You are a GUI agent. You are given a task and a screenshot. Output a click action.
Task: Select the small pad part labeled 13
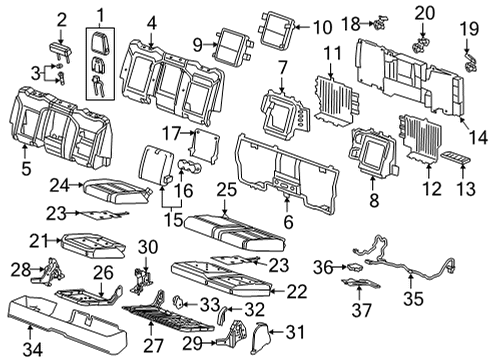[x=460, y=159]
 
